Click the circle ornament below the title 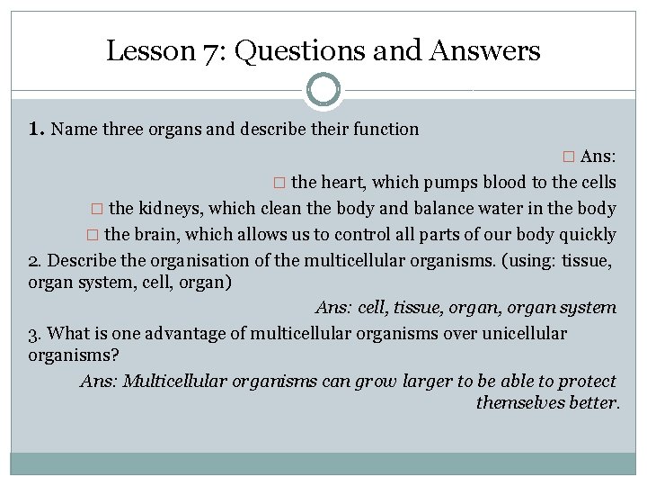pos(323,90)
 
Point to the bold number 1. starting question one pos(37,129)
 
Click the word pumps pos(438,182)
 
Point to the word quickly pos(586,235)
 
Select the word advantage pos(177,334)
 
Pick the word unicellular pos(521,334)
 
